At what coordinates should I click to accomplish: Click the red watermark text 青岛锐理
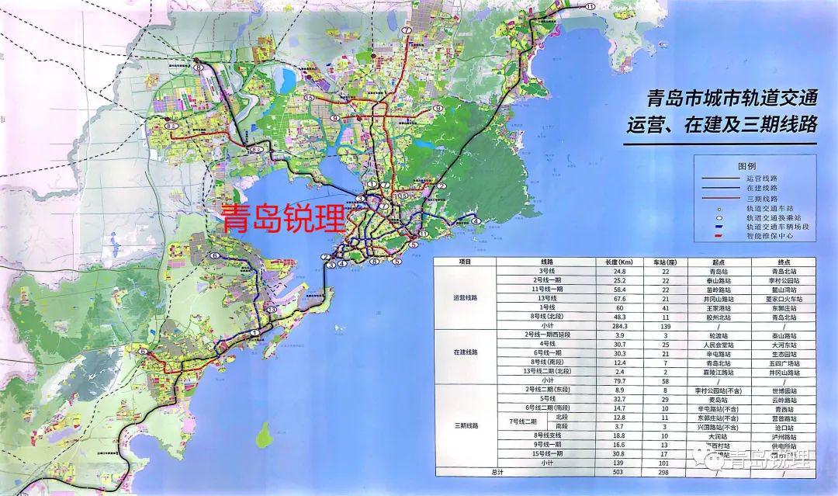pyautogui.click(x=283, y=219)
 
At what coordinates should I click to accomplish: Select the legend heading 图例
pyautogui.click(x=746, y=166)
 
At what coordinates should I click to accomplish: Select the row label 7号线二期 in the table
pyautogui.click(x=502, y=421)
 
